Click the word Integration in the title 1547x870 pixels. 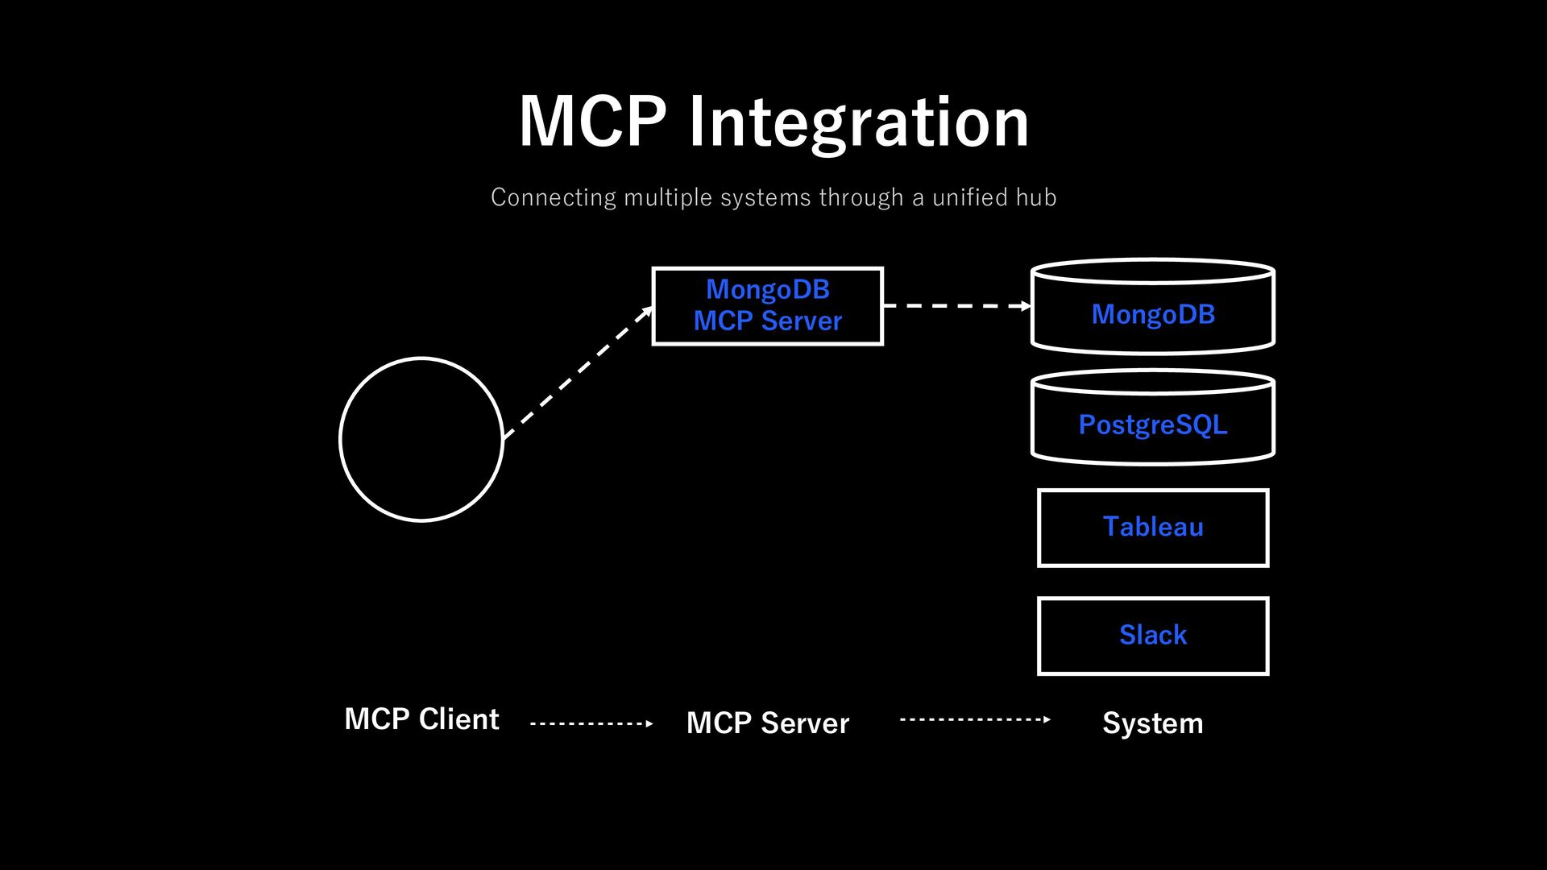[x=859, y=122]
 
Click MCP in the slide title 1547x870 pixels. [x=593, y=121]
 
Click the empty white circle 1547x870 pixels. [x=421, y=358]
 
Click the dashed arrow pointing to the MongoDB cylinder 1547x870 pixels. [x=957, y=306]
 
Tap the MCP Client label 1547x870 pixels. [x=421, y=719]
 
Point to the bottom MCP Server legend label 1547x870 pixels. [x=768, y=723]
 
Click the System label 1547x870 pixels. [x=1153, y=723]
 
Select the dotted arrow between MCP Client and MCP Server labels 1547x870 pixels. [x=591, y=723]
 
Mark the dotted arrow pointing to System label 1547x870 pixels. [x=975, y=719]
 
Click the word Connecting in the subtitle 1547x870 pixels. [x=554, y=197]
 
